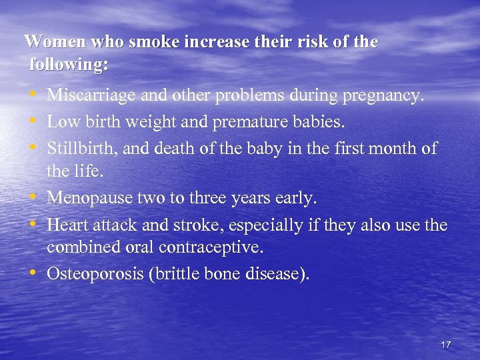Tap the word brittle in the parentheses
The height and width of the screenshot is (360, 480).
click(x=183, y=274)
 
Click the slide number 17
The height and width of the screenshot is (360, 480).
click(x=445, y=345)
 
